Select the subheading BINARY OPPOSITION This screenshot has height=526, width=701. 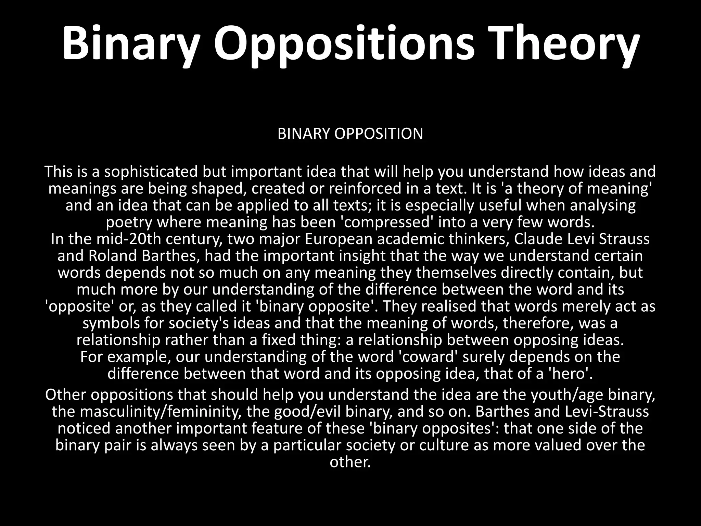click(x=350, y=134)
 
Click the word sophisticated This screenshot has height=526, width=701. click(x=151, y=172)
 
